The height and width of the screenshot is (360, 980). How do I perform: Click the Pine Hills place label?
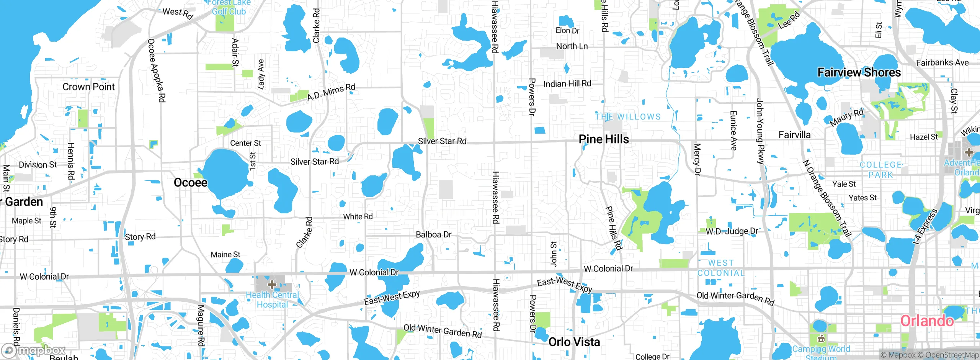coord(604,139)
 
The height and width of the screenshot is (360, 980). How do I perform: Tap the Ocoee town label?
coord(191,182)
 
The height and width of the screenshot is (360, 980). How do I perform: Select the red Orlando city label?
coord(927,321)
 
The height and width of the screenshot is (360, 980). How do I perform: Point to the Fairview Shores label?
coord(859,72)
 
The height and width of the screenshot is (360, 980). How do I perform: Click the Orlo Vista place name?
coord(574,342)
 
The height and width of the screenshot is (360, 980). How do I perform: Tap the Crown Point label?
coord(88,87)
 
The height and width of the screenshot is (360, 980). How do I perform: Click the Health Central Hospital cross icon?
coord(272,285)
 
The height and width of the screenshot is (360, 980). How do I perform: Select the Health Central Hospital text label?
coord(272,300)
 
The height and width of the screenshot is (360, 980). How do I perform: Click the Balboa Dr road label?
coord(434,234)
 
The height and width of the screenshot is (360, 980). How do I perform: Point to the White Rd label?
coord(358,217)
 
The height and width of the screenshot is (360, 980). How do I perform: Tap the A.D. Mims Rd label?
coord(331,92)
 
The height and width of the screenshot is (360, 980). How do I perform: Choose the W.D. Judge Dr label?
coord(732,231)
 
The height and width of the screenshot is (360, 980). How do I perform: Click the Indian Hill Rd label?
coord(567,84)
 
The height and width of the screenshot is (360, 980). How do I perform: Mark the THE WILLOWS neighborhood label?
coord(628,117)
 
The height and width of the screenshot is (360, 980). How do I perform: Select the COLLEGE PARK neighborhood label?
coord(881,170)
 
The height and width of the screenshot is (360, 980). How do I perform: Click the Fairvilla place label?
coord(795,135)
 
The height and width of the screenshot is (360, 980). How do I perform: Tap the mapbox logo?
coord(34,350)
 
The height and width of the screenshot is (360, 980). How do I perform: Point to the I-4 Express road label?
coord(925,227)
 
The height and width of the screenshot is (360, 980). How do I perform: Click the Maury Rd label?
coord(847,118)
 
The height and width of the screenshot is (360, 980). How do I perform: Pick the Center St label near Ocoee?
coord(245,143)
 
